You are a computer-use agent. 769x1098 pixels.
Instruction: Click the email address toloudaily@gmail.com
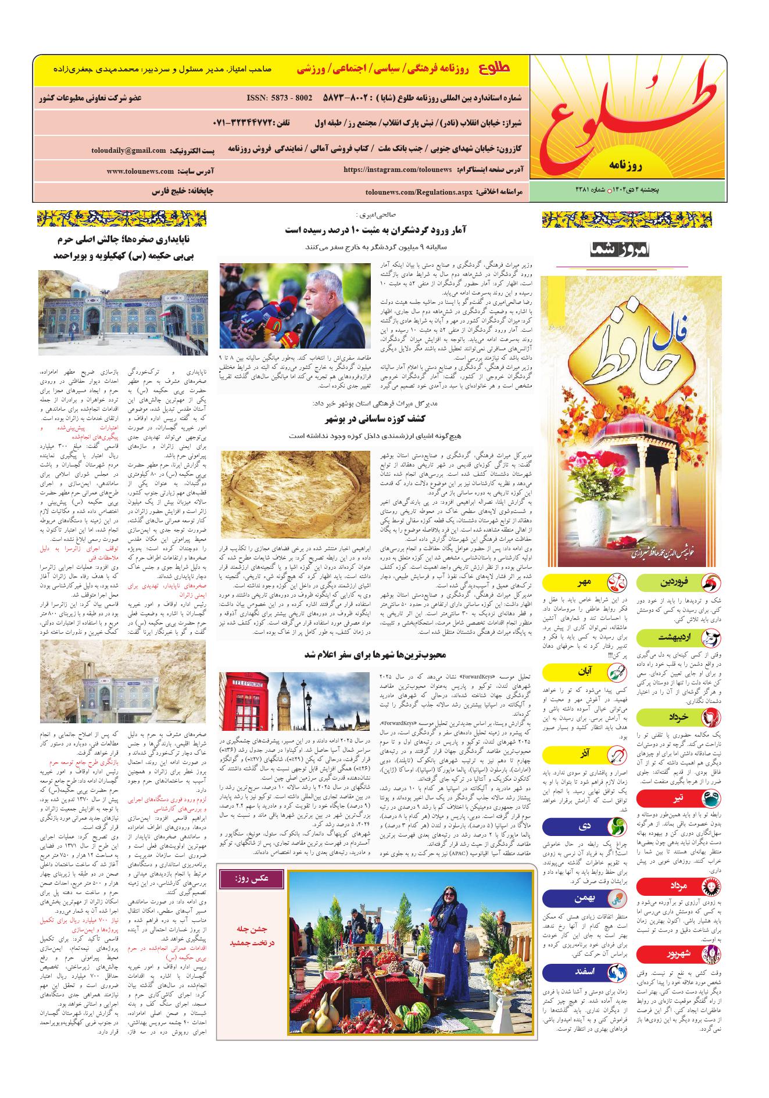[128, 150]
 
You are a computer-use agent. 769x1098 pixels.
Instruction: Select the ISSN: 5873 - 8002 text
[279, 98]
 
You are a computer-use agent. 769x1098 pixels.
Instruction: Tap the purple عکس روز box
[252, 878]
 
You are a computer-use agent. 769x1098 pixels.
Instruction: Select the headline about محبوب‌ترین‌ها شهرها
[375, 655]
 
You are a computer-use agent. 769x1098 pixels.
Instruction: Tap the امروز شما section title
[621, 250]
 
